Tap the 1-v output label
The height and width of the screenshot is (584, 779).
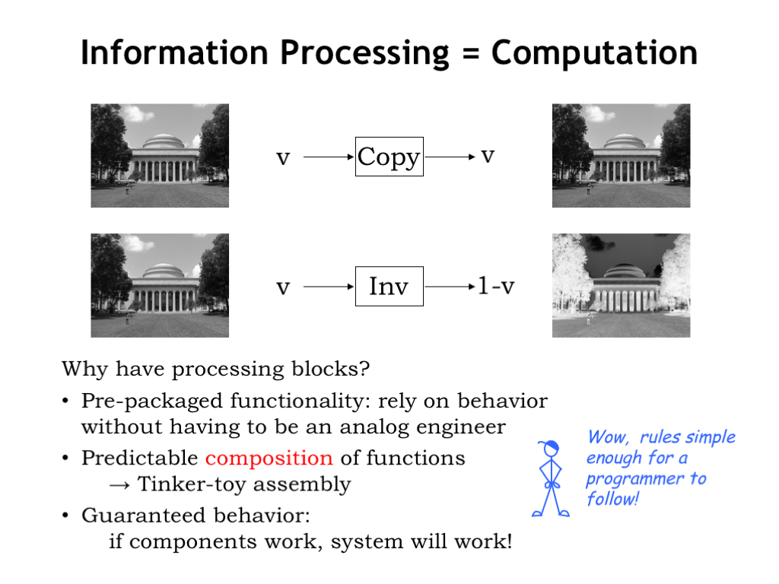[496, 286]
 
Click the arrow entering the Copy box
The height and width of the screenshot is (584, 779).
[329, 157]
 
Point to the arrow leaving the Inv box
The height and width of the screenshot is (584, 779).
[450, 287]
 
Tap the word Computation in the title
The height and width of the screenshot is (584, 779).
[594, 52]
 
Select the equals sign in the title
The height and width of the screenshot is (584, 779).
[470, 54]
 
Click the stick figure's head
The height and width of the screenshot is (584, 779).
[551, 449]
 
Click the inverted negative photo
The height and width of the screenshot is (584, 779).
[621, 286]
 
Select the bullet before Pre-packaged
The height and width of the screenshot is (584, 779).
[65, 401]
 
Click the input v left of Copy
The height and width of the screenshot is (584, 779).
[283, 158]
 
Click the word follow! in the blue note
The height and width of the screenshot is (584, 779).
[612, 499]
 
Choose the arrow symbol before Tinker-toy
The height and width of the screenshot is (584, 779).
[119, 485]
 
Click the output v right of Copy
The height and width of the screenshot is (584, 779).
[488, 157]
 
